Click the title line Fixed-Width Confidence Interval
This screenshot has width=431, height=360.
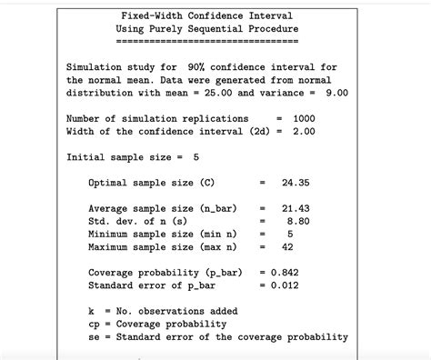(208, 15)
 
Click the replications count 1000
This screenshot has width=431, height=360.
(304, 118)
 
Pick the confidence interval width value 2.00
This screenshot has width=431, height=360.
(304, 131)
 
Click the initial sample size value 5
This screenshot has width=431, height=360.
(196, 157)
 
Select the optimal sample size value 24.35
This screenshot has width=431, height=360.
(296, 183)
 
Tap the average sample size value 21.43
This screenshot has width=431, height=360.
(296, 208)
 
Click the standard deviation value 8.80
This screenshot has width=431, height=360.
(299, 221)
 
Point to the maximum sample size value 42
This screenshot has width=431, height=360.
(287, 246)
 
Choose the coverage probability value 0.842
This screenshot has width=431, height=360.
(284, 272)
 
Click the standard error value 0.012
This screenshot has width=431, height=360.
(284, 285)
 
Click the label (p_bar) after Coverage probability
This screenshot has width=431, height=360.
(226, 272)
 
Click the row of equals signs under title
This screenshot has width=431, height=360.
(208, 42)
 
